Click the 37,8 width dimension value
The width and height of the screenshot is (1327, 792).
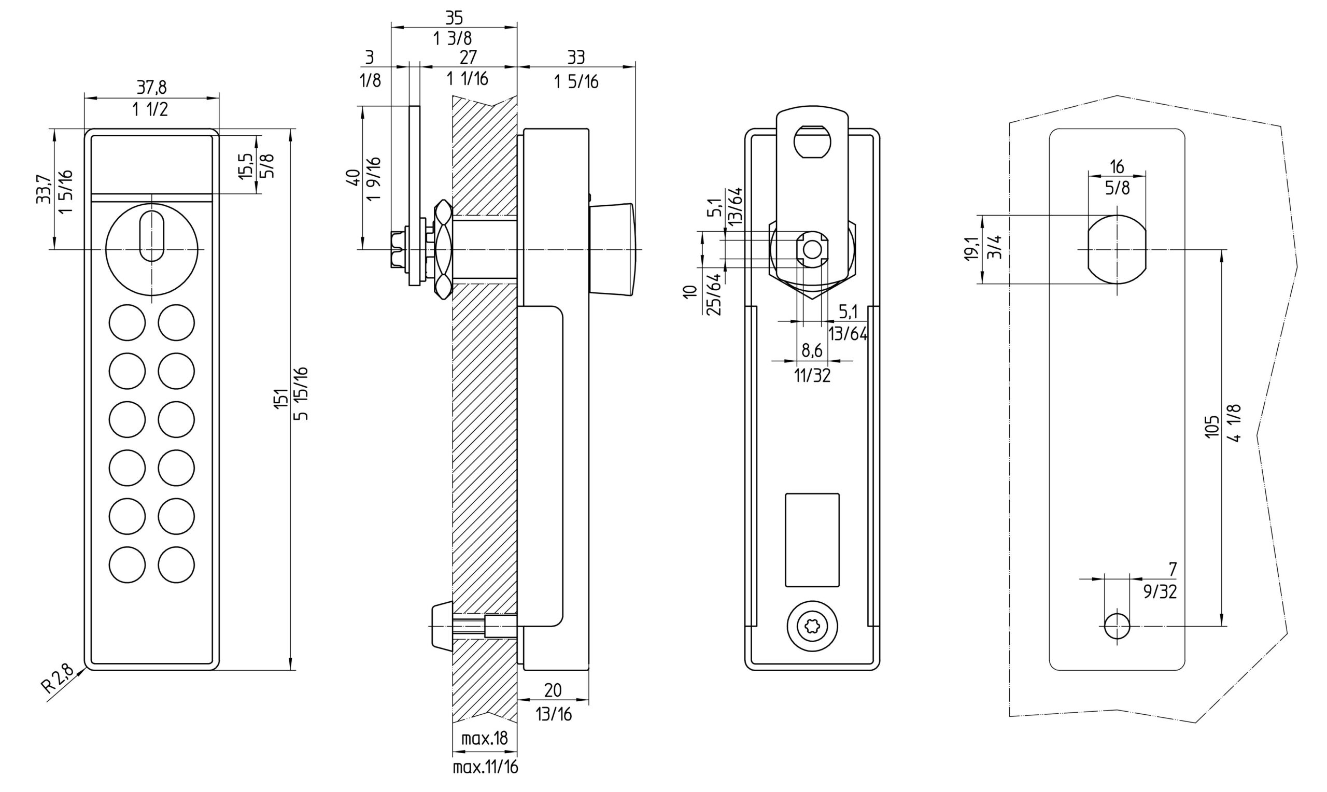click(x=151, y=87)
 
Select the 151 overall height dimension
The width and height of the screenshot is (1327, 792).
click(x=281, y=399)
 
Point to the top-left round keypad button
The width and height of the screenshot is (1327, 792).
click(x=127, y=322)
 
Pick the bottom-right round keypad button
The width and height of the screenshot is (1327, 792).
click(x=176, y=564)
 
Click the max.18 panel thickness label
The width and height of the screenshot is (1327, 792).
click(x=485, y=739)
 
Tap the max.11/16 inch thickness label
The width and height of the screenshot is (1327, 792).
click(x=485, y=768)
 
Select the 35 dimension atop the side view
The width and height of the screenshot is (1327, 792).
click(x=454, y=18)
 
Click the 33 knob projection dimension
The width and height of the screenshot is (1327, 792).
click(x=576, y=57)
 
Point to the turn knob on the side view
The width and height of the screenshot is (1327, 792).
click(x=613, y=249)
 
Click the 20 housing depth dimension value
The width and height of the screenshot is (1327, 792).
click(x=553, y=690)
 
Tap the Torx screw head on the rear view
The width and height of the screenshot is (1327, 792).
click(x=812, y=627)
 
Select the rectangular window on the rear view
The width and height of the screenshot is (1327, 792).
click(x=812, y=540)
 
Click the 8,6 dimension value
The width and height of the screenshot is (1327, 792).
click(x=812, y=350)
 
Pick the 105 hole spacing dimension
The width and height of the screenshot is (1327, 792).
click(x=1212, y=427)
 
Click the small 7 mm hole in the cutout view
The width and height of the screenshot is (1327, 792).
click(x=1117, y=626)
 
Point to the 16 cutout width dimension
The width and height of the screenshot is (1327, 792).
click(x=1117, y=166)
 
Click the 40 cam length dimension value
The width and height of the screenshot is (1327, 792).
click(x=353, y=177)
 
